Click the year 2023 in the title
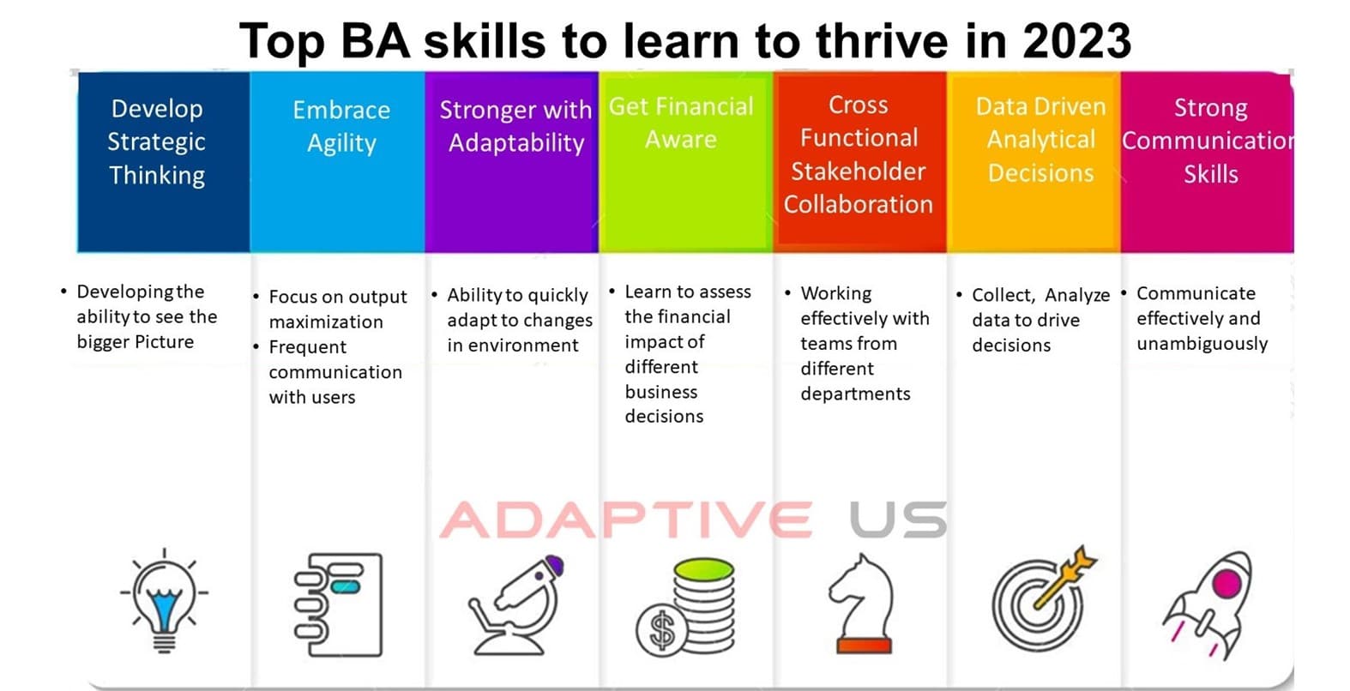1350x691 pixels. tap(1076, 40)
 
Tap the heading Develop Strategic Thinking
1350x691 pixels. tap(157, 142)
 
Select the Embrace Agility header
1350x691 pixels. tap(341, 127)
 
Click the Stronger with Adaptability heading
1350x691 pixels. tap(515, 127)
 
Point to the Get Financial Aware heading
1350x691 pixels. tap(681, 123)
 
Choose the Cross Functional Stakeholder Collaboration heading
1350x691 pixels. tap(859, 155)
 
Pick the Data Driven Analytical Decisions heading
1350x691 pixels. tap(1041, 140)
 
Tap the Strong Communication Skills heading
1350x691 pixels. tap(1208, 141)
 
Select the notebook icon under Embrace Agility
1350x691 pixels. tap(338, 604)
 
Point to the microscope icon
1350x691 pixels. tap(516, 605)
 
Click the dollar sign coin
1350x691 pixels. tap(662, 630)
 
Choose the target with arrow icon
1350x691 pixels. tap(1044, 598)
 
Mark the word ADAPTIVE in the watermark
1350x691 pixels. tap(626, 520)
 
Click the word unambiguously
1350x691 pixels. tap(1202, 344)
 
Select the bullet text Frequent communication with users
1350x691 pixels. tap(335, 372)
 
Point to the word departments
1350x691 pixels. tap(855, 394)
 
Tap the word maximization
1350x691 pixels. tap(325, 321)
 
